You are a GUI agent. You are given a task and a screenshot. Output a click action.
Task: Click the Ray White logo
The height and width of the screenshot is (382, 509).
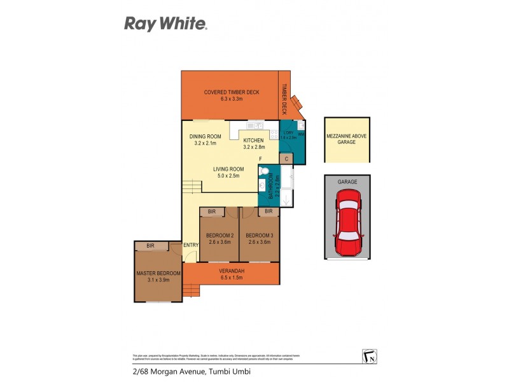click(165, 24)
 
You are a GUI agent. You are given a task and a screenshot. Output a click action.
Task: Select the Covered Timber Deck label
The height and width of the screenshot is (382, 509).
click(231, 95)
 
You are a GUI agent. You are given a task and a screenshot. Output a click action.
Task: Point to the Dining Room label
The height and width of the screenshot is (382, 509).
click(205, 139)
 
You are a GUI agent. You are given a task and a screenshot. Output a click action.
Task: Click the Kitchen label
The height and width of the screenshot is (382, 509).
click(253, 143)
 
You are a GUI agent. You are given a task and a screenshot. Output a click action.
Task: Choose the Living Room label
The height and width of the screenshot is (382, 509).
click(228, 172)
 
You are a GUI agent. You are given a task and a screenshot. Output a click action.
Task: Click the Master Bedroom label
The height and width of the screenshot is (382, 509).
click(158, 276)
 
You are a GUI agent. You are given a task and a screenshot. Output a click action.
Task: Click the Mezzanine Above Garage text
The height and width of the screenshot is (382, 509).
click(347, 139)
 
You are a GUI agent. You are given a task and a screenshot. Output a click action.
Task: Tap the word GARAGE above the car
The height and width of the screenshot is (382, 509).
click(347, 182)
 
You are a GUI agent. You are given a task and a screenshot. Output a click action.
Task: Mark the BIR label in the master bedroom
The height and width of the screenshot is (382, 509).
click(150, 245)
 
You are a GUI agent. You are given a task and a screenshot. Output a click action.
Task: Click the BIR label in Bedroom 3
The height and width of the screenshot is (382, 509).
click(268, 211)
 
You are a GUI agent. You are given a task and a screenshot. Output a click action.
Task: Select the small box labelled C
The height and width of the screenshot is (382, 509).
click(286, 159)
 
